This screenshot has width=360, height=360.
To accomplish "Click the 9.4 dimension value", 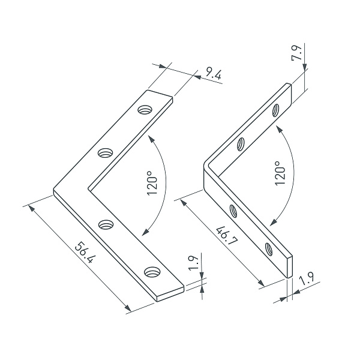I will [213, 74].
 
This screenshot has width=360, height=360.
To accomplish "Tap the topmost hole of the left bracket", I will [145, 110].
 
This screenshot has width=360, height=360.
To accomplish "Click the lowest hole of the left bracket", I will [152, 272].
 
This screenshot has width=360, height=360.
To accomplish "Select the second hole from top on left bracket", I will [106, 152].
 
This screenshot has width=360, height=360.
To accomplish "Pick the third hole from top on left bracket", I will [106, 224].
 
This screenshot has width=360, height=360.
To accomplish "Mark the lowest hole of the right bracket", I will [269, 247].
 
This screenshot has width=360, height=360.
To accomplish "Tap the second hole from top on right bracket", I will [240, 143].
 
